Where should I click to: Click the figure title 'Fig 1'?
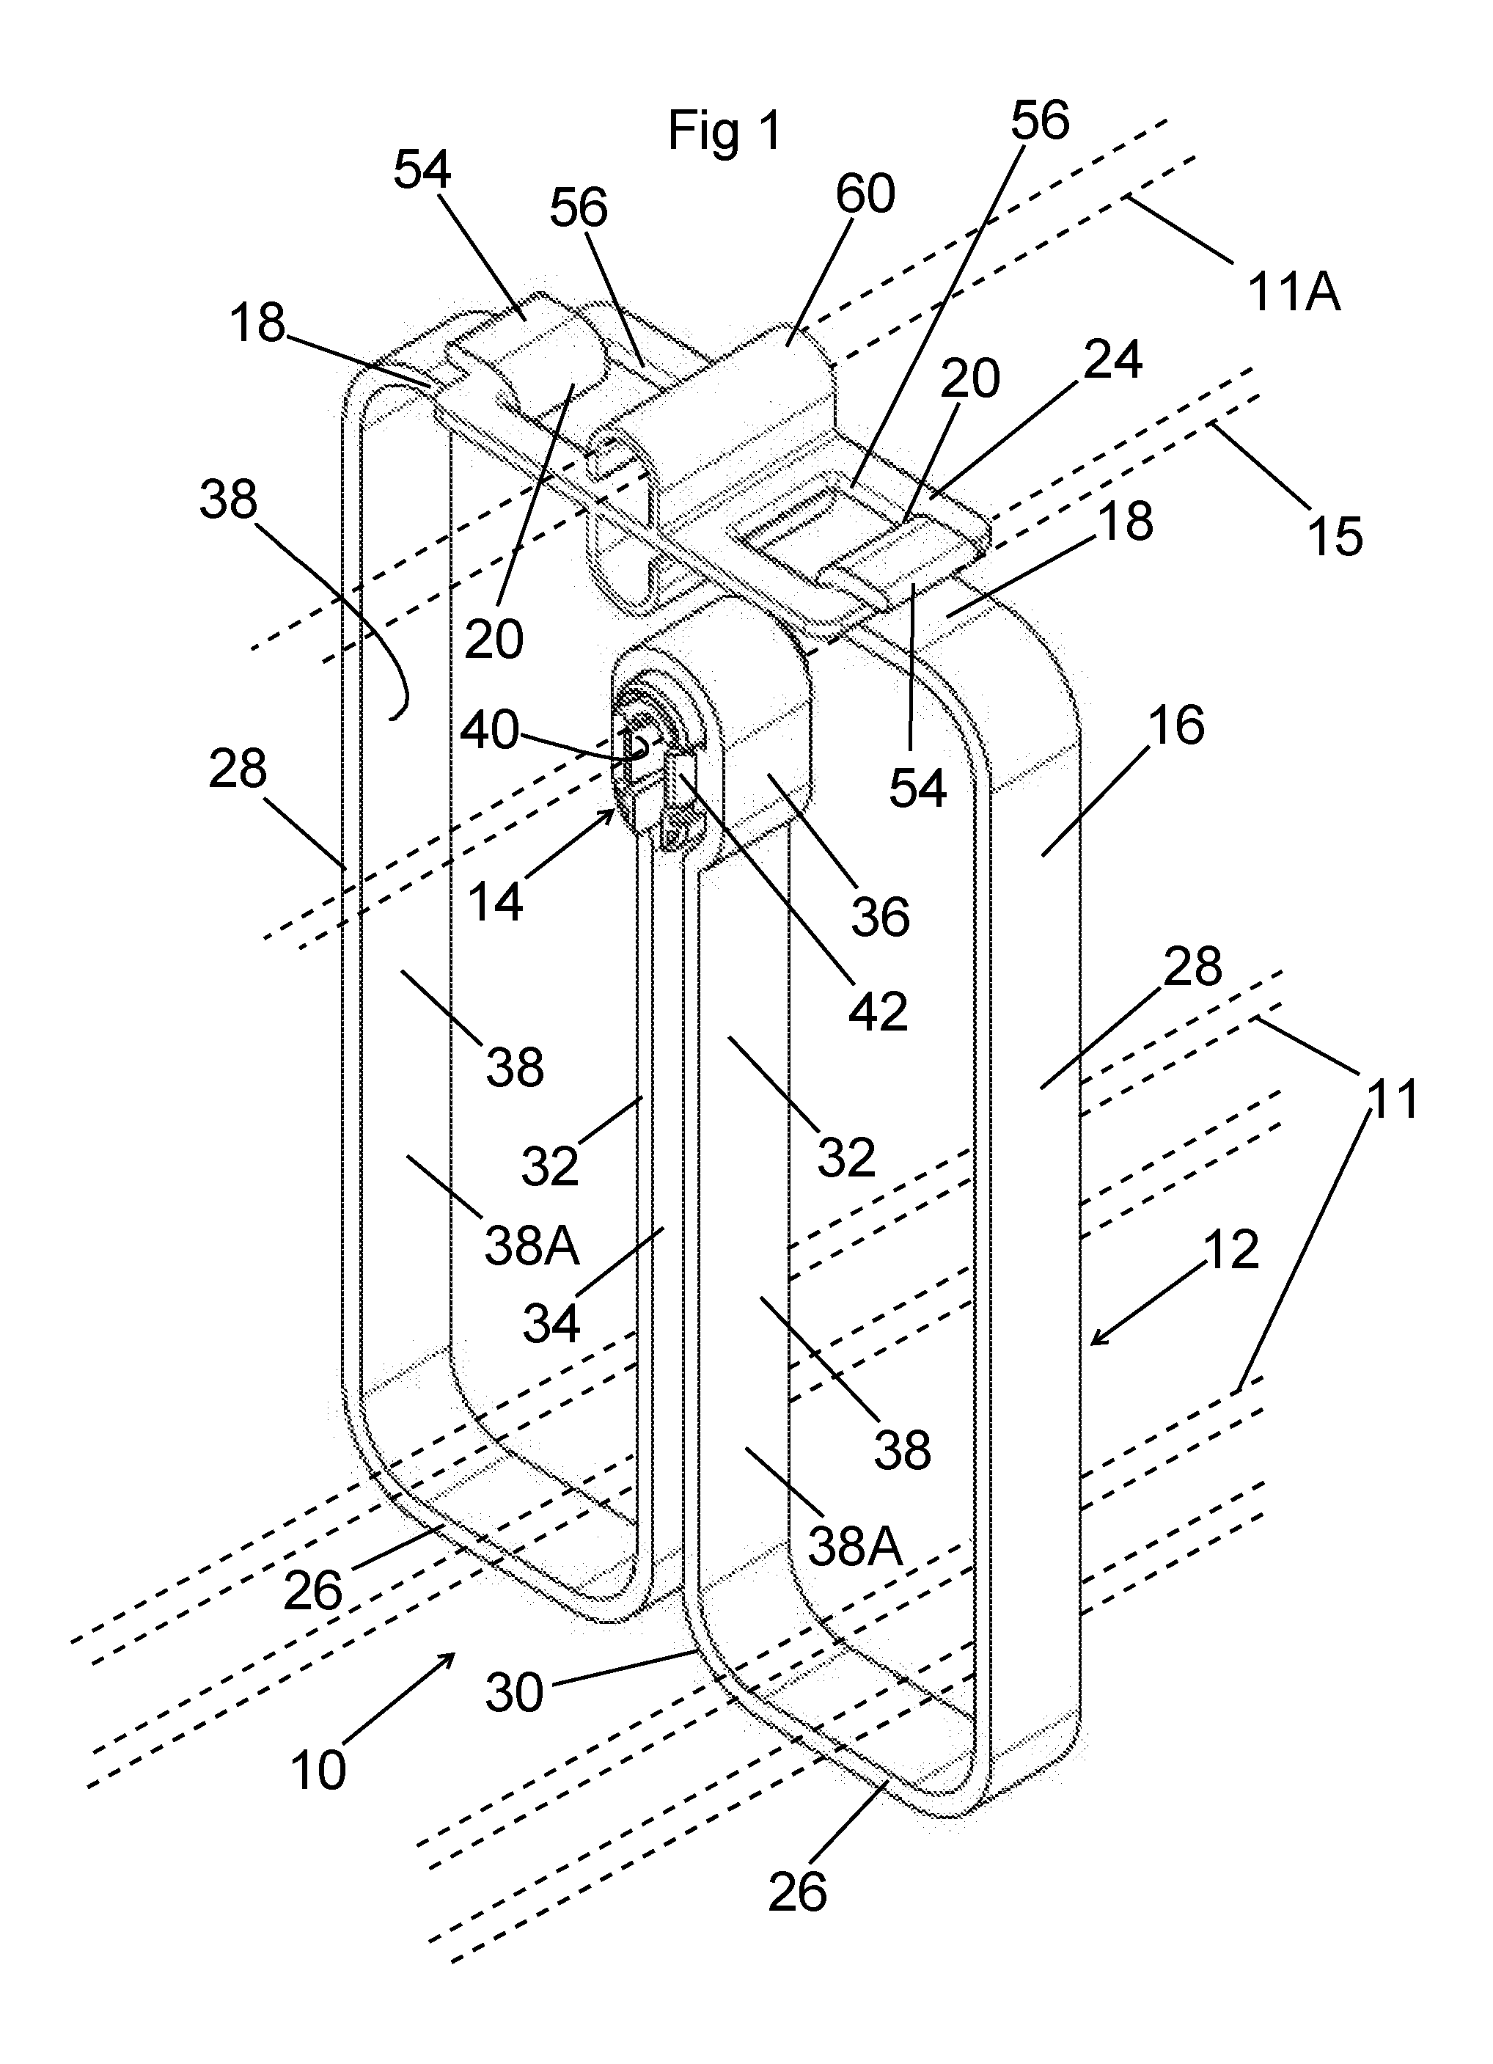point(725,131)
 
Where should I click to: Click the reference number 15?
point(1335,535)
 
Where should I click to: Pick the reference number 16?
point(1177,725)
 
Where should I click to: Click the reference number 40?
point(490,730)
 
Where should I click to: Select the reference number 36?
point(881,915)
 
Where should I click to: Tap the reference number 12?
point(1231,1250)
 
